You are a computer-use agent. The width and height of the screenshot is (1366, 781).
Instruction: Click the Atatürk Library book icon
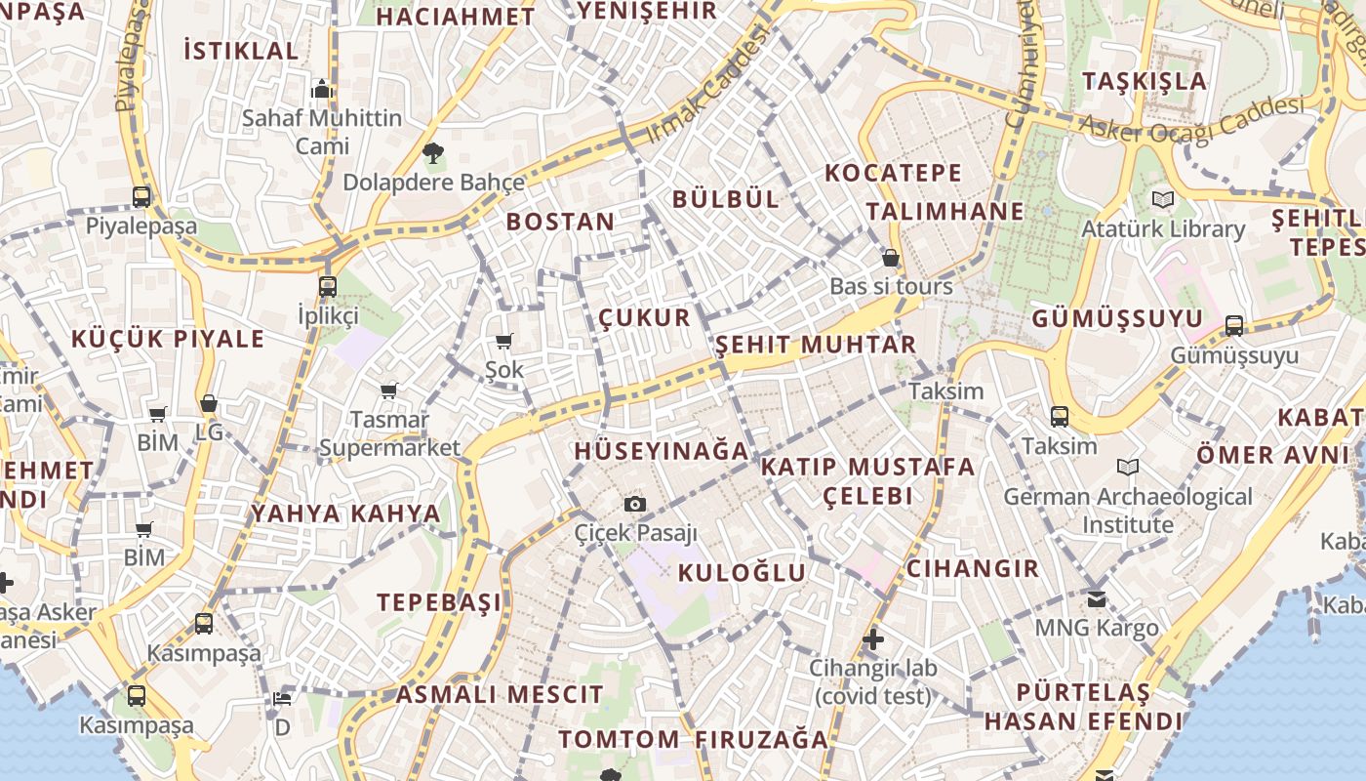(x=1162, y=199)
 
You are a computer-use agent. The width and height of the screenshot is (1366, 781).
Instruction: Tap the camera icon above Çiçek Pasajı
(x=635, y=504)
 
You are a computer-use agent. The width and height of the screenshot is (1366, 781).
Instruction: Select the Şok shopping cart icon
(x=504, y=341)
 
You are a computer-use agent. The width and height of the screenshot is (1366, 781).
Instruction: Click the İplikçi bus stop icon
(x=328, y=287)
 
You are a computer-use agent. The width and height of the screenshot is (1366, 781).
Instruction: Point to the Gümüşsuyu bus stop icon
(x=1234, y=325)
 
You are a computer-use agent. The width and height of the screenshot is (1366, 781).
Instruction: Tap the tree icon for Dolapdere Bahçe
(x=433, y=152)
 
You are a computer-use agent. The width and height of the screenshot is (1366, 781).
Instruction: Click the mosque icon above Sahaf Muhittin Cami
(x=322, y=90)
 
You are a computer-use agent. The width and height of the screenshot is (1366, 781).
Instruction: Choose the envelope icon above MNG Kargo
(x=1098, y=598)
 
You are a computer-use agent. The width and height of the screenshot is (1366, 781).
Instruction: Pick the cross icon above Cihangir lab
(x=873, y=640)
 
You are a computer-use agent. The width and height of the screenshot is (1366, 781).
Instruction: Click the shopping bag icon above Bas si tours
(x=891, y=258)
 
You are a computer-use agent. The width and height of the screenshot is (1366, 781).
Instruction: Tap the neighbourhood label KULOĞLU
(x=743, y=572)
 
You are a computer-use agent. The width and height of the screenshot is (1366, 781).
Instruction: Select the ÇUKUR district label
(x=644, y=317)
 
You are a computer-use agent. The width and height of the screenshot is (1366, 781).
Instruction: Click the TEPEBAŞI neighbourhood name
(x=440, y=601)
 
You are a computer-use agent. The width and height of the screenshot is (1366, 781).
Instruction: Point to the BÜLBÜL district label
(x=726, y=199)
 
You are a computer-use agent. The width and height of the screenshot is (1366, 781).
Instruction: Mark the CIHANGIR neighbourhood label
(x=973, y=568)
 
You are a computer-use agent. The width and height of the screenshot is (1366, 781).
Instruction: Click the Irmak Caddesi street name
(x=707, y=84)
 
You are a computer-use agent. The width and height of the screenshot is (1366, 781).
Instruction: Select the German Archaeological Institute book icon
(x=1128, y=467)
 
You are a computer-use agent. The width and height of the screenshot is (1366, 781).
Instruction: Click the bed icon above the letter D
(x=282, y=699)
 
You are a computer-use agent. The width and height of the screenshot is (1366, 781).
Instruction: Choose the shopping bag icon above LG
(x=208, y=403)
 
